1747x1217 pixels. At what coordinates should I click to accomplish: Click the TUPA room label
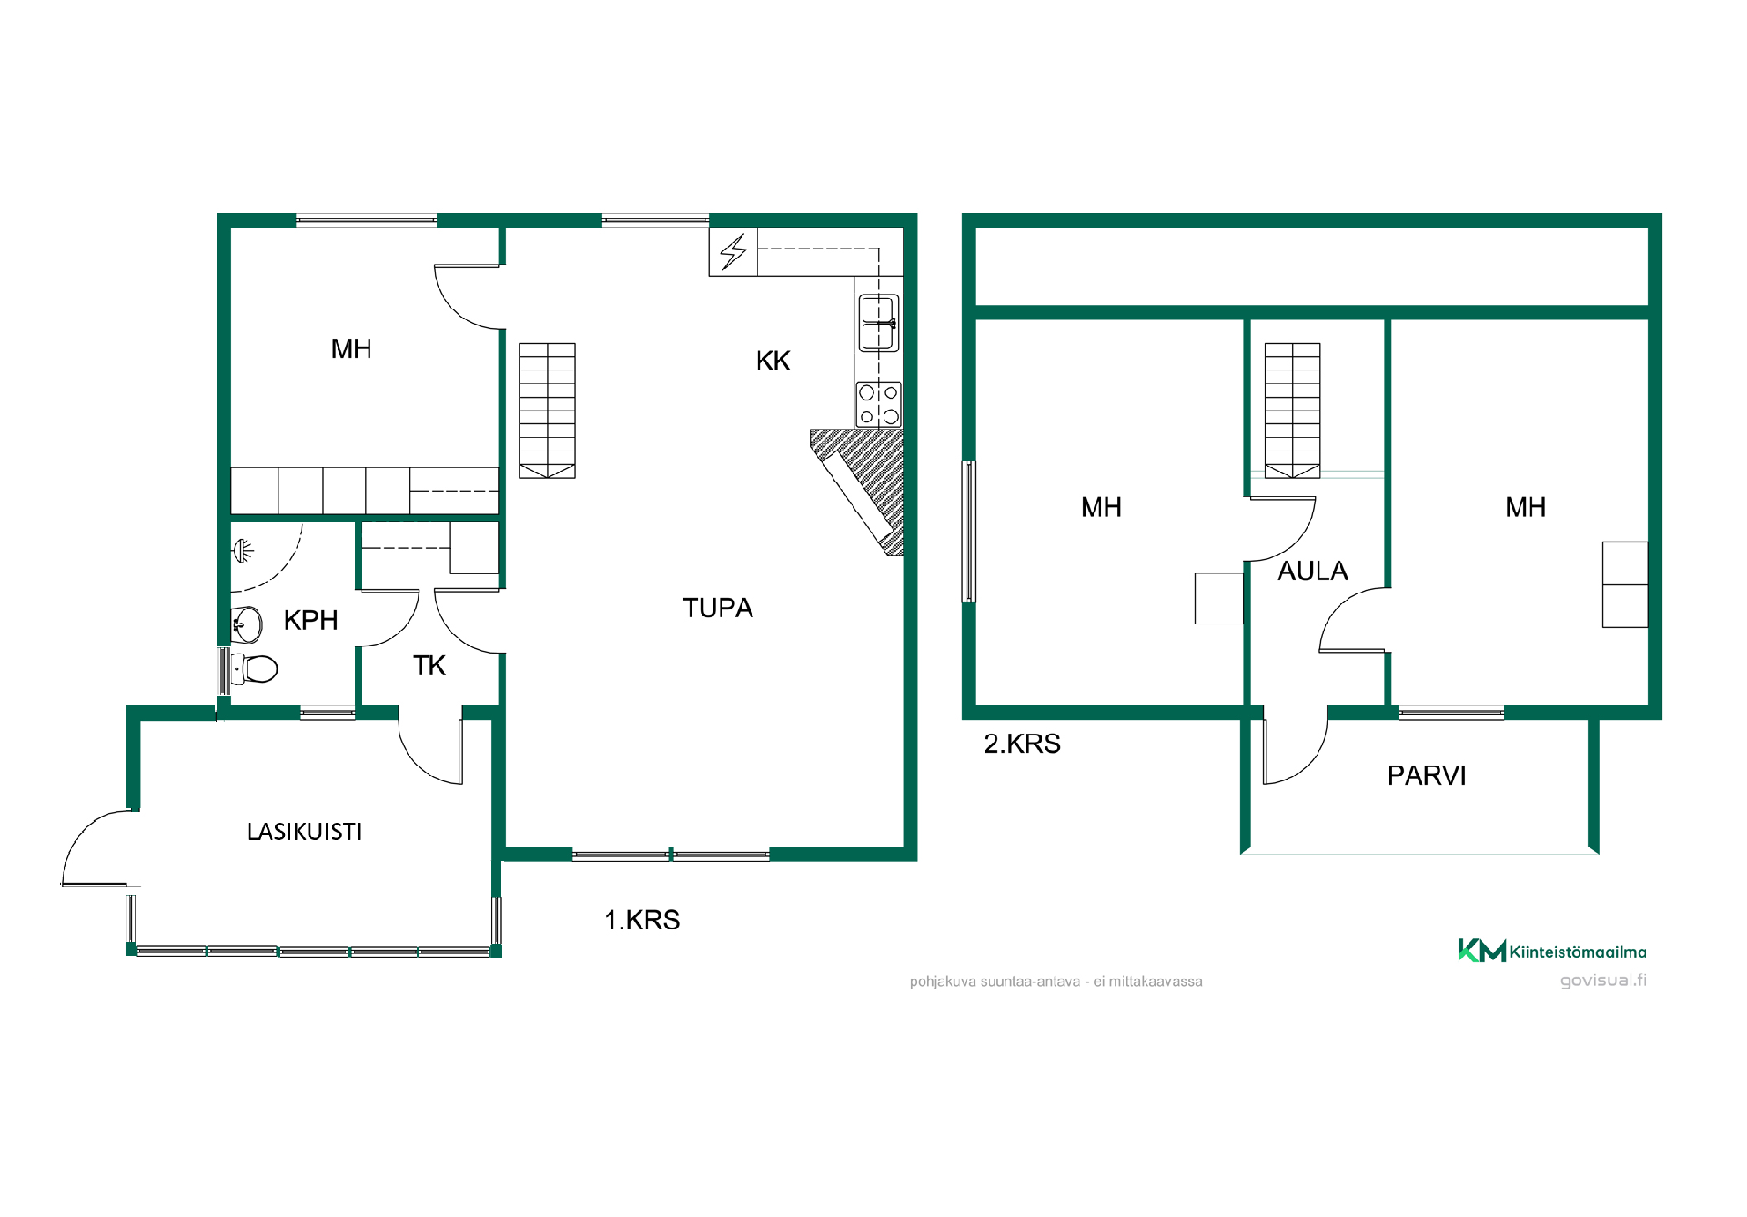pos(718,608)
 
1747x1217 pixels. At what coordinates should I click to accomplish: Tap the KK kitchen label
pos(773,361)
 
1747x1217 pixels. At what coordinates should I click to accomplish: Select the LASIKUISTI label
pos(305,832)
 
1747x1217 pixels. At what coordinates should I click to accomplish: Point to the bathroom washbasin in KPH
pos(247,624)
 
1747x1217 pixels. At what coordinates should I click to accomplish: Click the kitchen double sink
pos(879,323)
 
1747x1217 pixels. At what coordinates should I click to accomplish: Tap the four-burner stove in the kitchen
pos(879,404)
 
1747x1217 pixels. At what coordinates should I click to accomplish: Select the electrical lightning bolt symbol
pos(733,252)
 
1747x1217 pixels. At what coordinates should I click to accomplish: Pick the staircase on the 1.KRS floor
pos(547,411)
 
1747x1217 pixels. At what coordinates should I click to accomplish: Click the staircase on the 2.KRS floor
pos(1292,411)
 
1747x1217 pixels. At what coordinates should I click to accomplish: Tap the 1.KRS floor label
pos(642,920)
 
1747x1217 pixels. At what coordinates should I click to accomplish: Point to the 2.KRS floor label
pos(1022,744)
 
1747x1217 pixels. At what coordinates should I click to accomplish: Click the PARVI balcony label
pos(1427,776)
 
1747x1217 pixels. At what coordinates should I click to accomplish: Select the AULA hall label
pos(1313,571)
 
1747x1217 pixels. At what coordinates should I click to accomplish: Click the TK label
pos(429,666)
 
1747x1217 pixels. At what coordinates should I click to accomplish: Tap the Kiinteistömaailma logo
pos(1552,951)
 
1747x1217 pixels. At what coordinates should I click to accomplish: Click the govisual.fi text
pos(1603,980)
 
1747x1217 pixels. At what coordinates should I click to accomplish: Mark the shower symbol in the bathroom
pos(243,550)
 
